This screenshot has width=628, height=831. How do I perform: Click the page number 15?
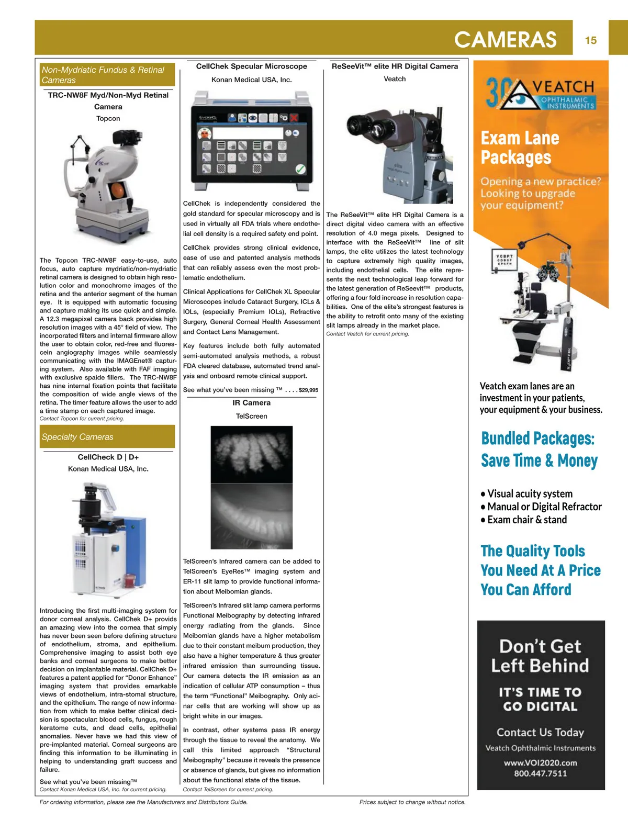tap(591, 40)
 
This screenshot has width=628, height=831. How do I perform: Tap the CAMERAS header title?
tap(505, 40)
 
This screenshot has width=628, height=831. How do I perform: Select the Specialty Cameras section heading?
tap(77, 437)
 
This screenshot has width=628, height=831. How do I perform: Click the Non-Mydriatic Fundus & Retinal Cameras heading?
tap(103, 75)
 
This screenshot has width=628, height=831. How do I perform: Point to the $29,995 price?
tap(308, 390)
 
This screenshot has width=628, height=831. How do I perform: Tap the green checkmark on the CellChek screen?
tap(300, 169)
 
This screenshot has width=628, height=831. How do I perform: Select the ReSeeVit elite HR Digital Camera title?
tap(395, 66)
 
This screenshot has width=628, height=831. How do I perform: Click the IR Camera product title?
tap(251, 403)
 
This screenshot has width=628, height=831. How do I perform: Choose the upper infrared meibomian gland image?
tap(251, 454)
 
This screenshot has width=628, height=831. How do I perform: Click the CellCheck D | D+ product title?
tap(108, 457)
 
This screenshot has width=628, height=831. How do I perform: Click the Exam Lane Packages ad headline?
tap(520, 148)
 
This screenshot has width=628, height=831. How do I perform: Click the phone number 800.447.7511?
tap(540, 773)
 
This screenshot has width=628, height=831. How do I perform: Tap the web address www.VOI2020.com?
tap(540, 762)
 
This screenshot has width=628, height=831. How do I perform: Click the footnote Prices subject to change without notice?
tap(412, 802)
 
